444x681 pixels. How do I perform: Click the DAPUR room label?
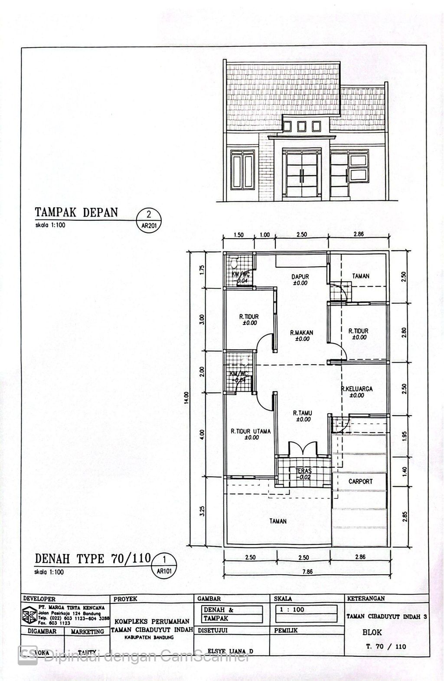(300, 276)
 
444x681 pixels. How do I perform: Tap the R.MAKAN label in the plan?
(302, 333)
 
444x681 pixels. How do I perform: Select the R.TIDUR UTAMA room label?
(251, 432)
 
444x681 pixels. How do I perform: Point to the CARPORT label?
(360, 481)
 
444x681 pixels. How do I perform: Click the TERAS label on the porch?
(304, 471)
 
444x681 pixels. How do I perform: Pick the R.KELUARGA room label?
(356, 389)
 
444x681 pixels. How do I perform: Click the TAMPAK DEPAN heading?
(76, 212)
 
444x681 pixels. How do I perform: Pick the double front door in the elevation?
(302, 175)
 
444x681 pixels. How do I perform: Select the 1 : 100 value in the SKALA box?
(293, 609)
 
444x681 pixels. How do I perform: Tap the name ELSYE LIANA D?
(231, 651)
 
